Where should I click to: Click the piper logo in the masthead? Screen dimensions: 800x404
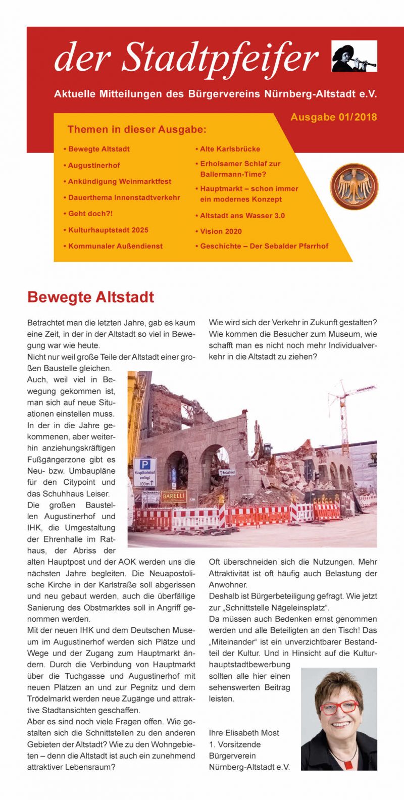(354, 56)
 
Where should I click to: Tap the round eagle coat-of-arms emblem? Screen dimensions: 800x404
(354, 186)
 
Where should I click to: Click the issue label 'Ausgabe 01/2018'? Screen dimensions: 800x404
(333, 117)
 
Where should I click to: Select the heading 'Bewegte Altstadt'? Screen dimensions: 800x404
(90, 297)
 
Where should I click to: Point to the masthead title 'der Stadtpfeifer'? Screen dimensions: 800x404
(187, 57)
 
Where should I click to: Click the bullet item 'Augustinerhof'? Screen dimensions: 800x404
(94, 165)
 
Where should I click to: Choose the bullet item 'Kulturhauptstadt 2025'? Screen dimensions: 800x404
(108, 230)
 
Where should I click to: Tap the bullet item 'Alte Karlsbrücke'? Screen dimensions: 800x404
(230, 149)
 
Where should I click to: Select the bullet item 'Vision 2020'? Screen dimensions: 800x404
(221, 231)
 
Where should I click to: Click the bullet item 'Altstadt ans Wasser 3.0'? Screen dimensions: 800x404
(242, 216)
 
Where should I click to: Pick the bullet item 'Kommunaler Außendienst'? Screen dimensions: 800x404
(115, 246)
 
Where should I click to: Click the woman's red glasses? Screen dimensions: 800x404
(339, 707)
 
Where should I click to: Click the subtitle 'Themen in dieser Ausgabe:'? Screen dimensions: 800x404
(137, 130)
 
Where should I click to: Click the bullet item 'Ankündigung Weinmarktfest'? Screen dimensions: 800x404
(120, 181)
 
